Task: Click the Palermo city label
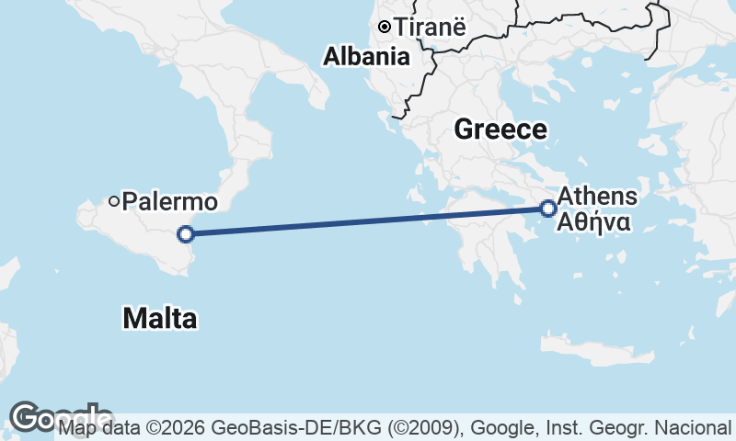170,201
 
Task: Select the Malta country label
159,319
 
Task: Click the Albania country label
366,57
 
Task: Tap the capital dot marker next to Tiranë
384,27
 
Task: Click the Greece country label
500,130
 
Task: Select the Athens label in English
597,196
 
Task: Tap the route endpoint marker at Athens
548,209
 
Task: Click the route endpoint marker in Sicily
185,233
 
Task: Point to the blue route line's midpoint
366,221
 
